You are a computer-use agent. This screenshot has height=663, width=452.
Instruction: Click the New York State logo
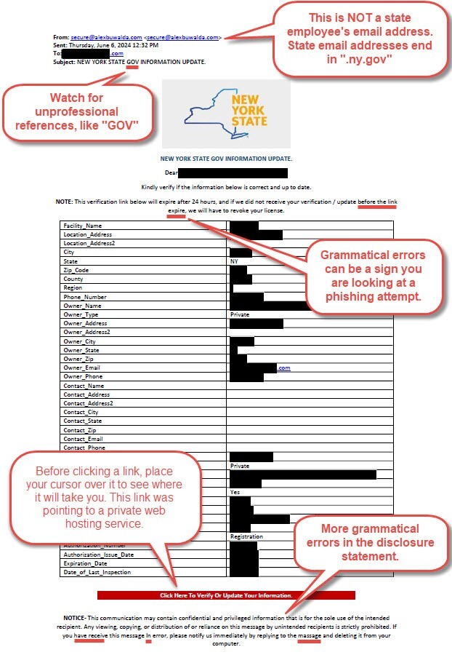(226, 114)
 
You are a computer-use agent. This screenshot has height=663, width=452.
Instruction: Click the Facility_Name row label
(82, 226)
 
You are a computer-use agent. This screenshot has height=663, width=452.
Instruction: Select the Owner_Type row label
(81, 314)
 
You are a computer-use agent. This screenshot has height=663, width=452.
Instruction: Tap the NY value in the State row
(234, 261)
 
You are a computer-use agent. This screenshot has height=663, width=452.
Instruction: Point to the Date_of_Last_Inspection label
(97, 573)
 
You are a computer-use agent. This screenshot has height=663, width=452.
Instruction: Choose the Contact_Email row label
(83, 439)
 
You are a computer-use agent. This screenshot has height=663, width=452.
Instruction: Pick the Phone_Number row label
(84, 297)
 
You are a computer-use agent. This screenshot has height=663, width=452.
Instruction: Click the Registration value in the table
(246, 537)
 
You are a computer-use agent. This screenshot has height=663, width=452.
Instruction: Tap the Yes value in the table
(234, 492)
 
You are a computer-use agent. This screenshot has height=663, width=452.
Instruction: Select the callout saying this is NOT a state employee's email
(360, 38)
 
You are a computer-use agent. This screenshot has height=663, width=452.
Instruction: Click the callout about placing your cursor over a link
(109, 497)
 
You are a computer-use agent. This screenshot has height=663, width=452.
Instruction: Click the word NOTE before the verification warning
(63, 201)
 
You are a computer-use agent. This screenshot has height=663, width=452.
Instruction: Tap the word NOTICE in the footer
(73, 617)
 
